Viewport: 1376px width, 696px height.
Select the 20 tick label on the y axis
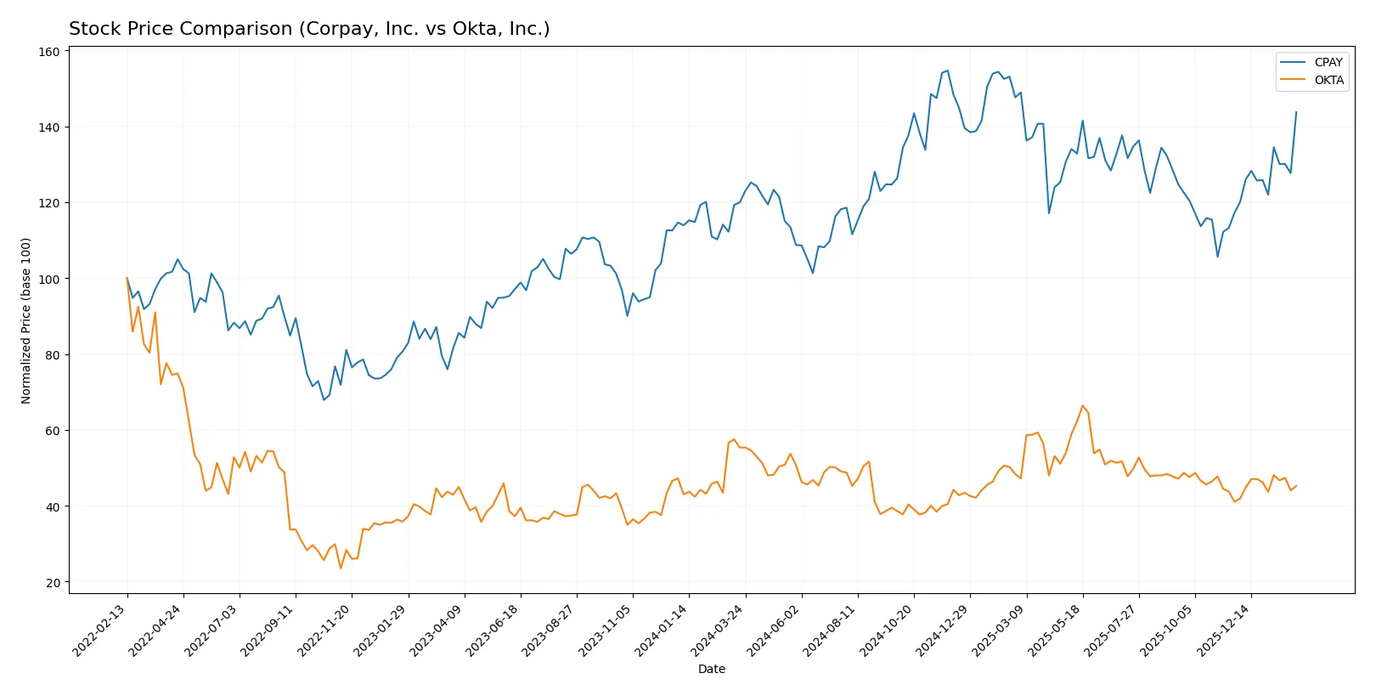(x=53, y=583)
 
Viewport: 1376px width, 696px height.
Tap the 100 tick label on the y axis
(x=49, y=280)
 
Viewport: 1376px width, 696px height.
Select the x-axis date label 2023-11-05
(x=606, y=631)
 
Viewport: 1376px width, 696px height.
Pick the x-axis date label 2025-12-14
(x=1224, y=631)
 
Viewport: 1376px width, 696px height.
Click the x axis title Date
(x=711, y=670)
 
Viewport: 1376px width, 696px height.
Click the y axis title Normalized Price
(x=26, y=320)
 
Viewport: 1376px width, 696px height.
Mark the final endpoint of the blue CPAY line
(x=1296, y=112)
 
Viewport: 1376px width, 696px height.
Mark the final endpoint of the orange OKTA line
(x=1296, y=486)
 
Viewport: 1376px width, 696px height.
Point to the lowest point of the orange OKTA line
(x=341, y=569)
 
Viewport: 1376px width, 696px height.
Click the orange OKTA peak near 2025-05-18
(x=1082, y=406)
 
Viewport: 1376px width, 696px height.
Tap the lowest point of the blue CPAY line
(x=324, y=399)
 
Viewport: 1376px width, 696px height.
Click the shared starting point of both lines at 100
(x=127, y=278)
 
